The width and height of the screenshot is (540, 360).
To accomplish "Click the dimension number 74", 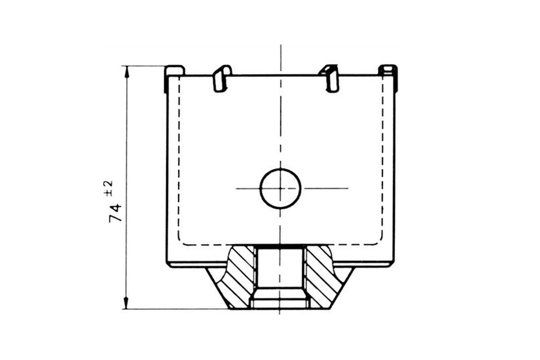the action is pyautogui.click(x=115, y=213).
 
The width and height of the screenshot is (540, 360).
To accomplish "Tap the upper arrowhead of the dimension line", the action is pyautogui.click(x=126, y=72).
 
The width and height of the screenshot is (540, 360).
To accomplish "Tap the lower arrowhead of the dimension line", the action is pyautogui.click(x=126, y=303).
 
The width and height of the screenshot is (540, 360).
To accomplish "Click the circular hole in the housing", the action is pyautogui.click(x=280, y=189).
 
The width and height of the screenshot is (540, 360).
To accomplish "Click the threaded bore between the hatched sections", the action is pyautogui.click(x=280, y=277).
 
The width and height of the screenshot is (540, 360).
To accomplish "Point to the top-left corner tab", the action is pyautogui.click(x=175, y=70).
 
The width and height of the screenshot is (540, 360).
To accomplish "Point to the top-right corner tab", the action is pyautogui.click(x=387, y=70).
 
